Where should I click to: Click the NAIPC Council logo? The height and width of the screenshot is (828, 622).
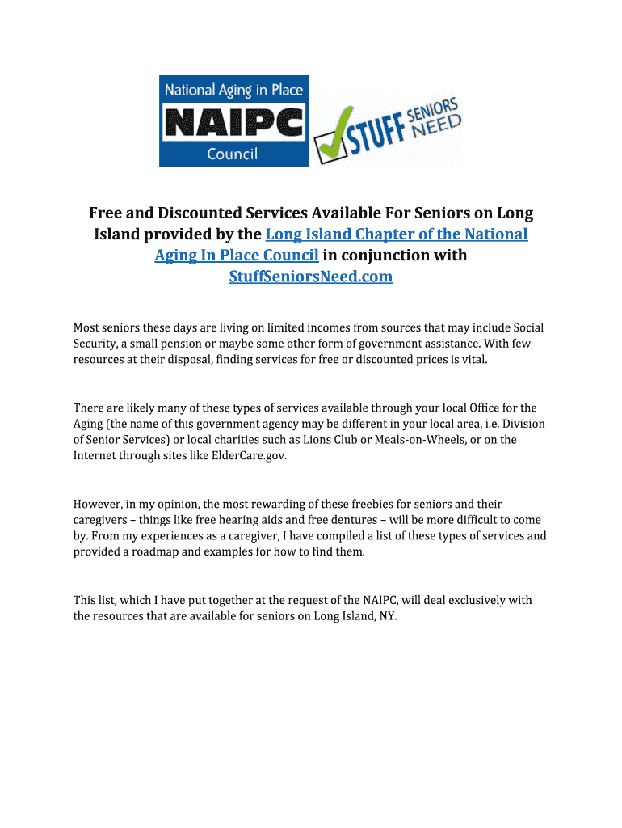point(233,121)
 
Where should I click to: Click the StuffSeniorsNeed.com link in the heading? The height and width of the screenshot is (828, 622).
point(311,277)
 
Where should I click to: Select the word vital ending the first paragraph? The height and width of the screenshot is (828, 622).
point(475,359)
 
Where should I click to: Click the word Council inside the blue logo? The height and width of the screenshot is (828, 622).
point(232,153)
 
